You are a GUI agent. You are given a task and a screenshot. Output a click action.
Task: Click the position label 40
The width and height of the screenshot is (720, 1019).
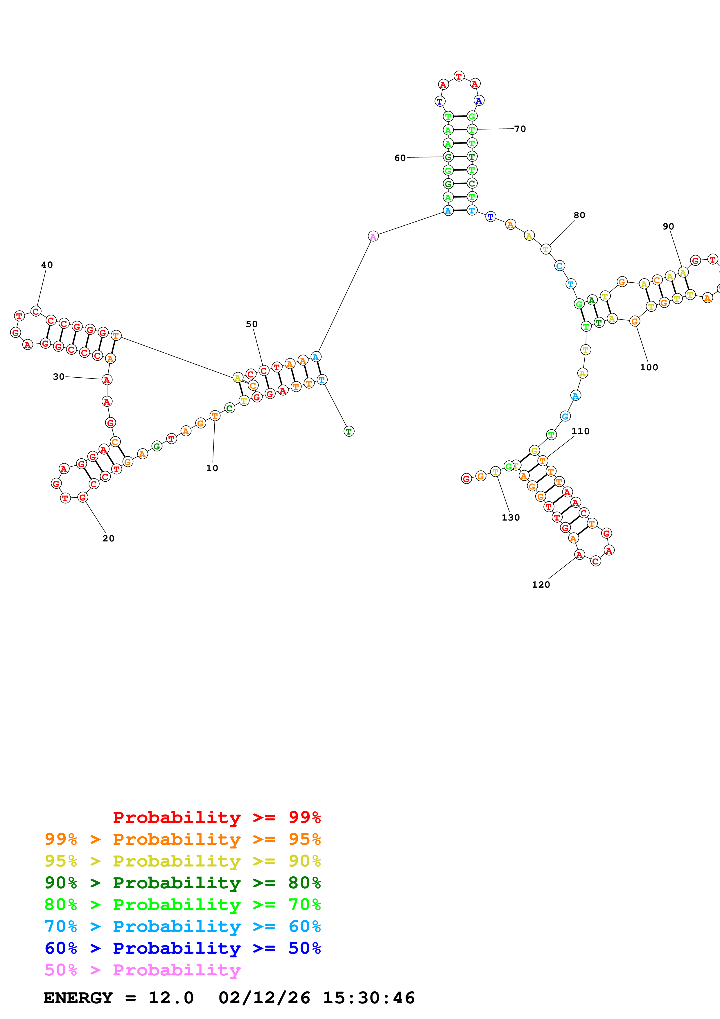pyautogui.click(x=46, y=265)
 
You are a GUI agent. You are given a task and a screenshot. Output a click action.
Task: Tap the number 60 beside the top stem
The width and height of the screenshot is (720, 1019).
pyautogui.click(x=400, y=158)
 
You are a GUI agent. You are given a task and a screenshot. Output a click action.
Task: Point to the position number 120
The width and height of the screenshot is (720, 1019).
pyautogui.click(x=541, y=584)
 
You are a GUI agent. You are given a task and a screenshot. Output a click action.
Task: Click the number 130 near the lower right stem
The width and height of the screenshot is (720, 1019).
pyautogui.click(x=511, y=518)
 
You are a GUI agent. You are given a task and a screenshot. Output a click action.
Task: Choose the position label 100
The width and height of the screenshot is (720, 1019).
pyautogui.click(x=649, y=367)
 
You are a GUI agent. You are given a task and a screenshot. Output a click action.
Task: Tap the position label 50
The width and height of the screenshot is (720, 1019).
pyautogui.click(x=252, y=324)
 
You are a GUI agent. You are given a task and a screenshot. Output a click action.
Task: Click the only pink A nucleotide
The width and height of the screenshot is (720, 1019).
pyautogui.click(x=373, y=236)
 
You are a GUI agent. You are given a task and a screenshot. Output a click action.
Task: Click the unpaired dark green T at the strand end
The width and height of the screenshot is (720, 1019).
pyautogui.click(x=349, y=431)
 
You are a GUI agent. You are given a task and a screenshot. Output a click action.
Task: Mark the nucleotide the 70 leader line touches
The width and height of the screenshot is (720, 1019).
pyautogui.click(x=472, y=130)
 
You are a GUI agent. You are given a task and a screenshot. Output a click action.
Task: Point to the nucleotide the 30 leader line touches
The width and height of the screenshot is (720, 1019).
pyautogui.click(x=107, y=380)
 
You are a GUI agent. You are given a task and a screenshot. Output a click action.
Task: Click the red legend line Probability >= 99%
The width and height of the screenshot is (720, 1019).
pyautogui.click(x=216, y=817)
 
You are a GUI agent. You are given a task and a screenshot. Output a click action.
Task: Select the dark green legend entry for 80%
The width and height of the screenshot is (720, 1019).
pyautogui.click(x=182, y=883)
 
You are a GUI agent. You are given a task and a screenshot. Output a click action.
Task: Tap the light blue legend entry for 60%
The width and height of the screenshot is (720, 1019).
pyautogui.click(x=182, y=926)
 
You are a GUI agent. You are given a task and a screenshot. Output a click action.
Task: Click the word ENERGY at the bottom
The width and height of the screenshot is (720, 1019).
pyautogui.click(x=78, y=998)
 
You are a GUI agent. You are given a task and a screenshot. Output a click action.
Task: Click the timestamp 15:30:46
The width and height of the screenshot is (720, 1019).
pyautogui.click(x=368, y=998)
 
